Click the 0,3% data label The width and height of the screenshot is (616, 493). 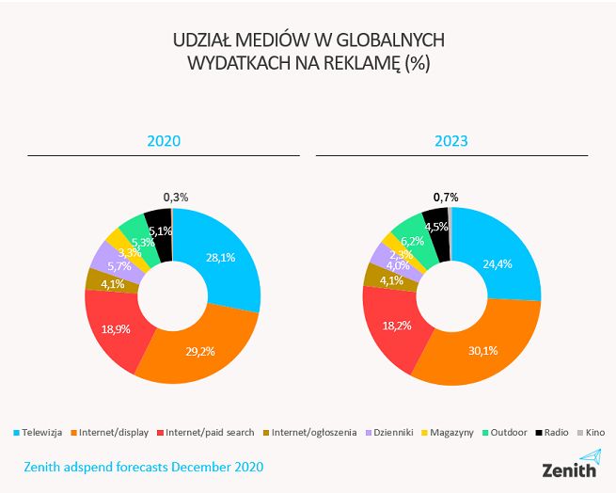point(176,198)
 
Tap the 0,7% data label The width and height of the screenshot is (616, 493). point(446,198)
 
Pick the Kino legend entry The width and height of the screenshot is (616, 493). point(592,432)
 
